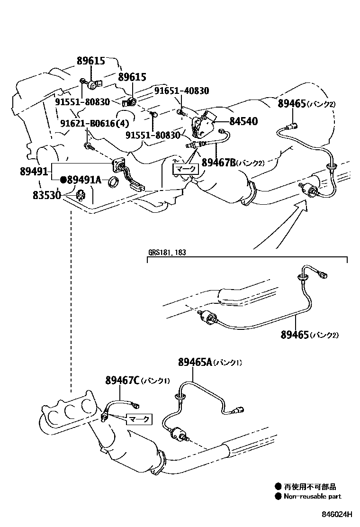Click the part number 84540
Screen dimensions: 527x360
pyautogui.click(x=243, y=122)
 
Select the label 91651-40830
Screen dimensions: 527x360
pyautogui.click(x=181, y=91)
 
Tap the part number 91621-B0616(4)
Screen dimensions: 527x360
pyautogui.click(x=94, y=124)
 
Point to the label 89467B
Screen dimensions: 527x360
pyautogui.click(x=219, y=163)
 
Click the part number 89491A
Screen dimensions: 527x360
pyautogui.click(x=84, y=180)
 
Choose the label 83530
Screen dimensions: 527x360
pyautogui.click(x=46, y=194)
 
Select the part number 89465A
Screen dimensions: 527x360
pyautogui.click(x=195, y=363)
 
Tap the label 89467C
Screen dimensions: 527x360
pyautogui.click(x=122, y=381)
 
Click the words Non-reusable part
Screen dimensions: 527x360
pyautogui.click(x=312, y=497)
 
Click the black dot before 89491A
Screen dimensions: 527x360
pyautogui.click(x=63, y=180)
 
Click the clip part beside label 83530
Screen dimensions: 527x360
pyautogui.click(x=80, y=194)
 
